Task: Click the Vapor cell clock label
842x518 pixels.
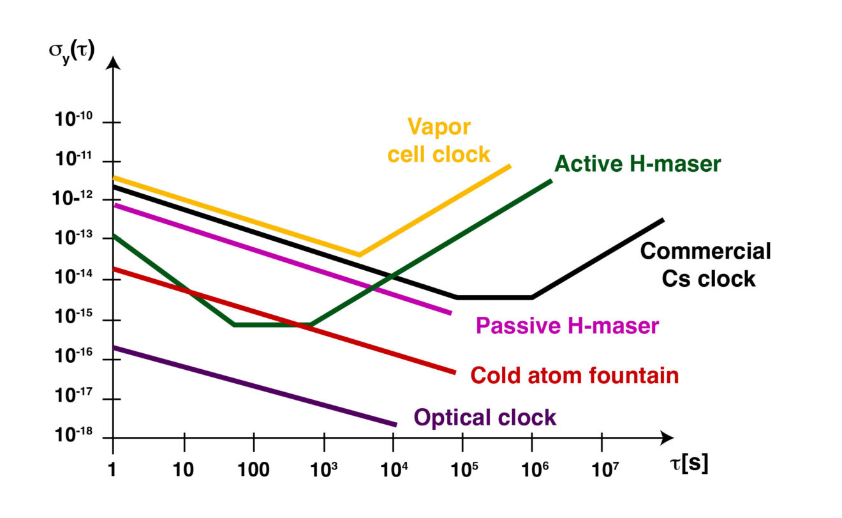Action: [439, 141]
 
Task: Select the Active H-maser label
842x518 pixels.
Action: [637, 164]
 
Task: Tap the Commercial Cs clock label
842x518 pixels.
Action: [705, 264]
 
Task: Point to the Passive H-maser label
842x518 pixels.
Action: [566, 326]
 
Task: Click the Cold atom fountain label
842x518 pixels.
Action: [574, 376]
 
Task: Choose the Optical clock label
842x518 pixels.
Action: [485, 418]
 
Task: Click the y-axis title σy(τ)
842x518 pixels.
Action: [71, 49]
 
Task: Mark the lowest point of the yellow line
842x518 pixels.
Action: [359, 255]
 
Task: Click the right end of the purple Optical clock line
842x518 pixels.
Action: [395, 424]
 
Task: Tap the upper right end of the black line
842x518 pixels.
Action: [663, 220]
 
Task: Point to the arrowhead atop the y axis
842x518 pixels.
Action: [113, 62]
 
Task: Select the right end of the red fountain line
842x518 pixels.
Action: [455, 372]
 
